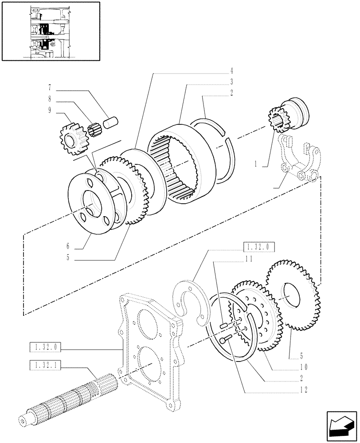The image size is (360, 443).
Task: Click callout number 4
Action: tap(232, 70)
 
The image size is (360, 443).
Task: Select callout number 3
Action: tap(232, 82)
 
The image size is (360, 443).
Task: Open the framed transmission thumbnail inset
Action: tap(50, 31)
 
